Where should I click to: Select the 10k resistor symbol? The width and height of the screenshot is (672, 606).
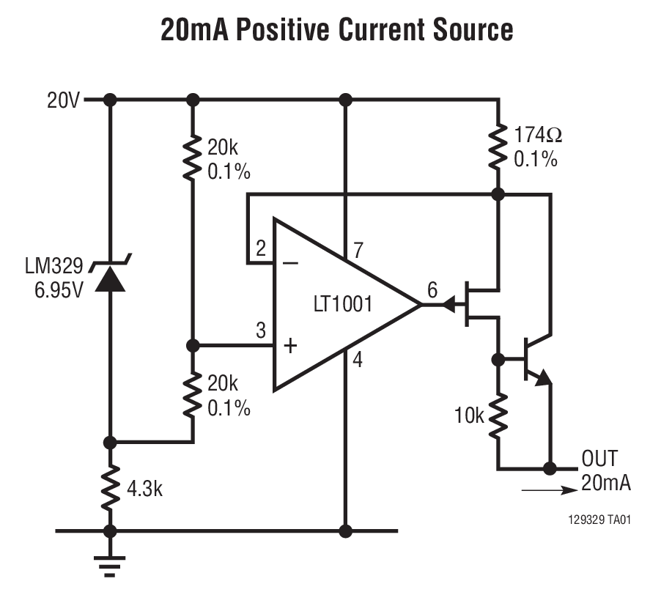click(x=498, y=415)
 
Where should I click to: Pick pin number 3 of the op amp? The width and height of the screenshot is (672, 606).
click(x=260, y=330)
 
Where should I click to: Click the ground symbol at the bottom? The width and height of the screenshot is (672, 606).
click(x=110, y=565)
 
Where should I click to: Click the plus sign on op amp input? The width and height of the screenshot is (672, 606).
click(x=290, y=345)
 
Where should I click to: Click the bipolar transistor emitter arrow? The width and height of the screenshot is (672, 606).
click(x=543, y=377)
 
